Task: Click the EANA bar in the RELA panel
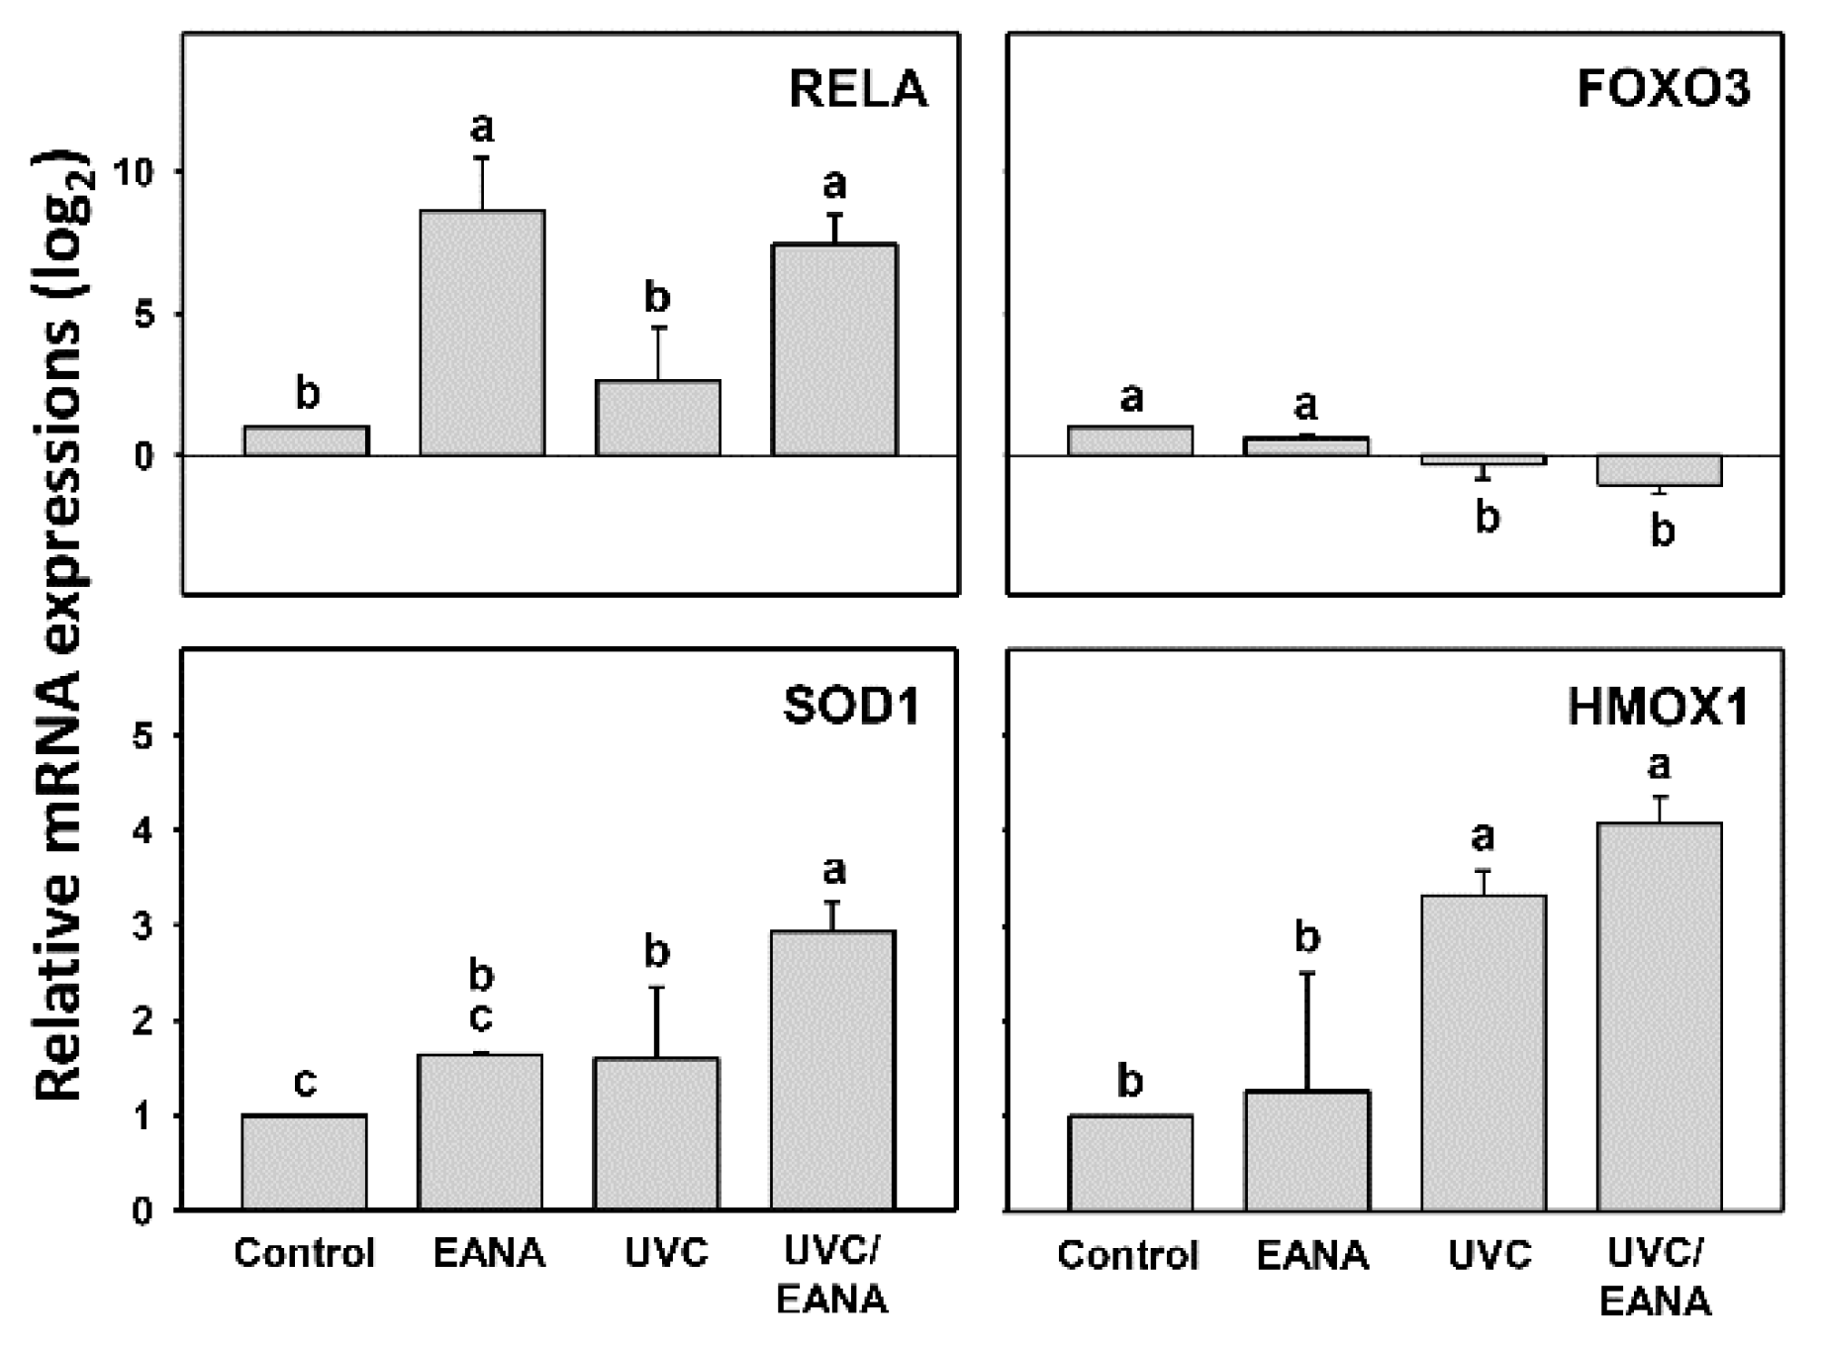482,334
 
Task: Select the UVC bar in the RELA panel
657,418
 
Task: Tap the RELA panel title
858,89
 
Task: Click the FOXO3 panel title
1664,89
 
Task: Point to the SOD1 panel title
852,707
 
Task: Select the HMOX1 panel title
1659,709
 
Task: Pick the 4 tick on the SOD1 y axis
144,829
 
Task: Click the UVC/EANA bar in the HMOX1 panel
1660,1016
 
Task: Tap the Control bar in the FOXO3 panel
1130,440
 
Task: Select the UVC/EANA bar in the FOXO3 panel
1660,471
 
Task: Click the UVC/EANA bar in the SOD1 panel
833,1070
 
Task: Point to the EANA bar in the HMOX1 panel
1306,1150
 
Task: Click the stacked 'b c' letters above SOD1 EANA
481,998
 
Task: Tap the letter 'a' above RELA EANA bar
482,127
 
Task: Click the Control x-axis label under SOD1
305,1254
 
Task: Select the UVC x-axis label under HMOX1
1489,1256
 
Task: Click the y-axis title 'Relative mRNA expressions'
61,624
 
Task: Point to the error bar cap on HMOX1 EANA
1306,974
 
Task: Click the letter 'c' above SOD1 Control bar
306,1083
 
